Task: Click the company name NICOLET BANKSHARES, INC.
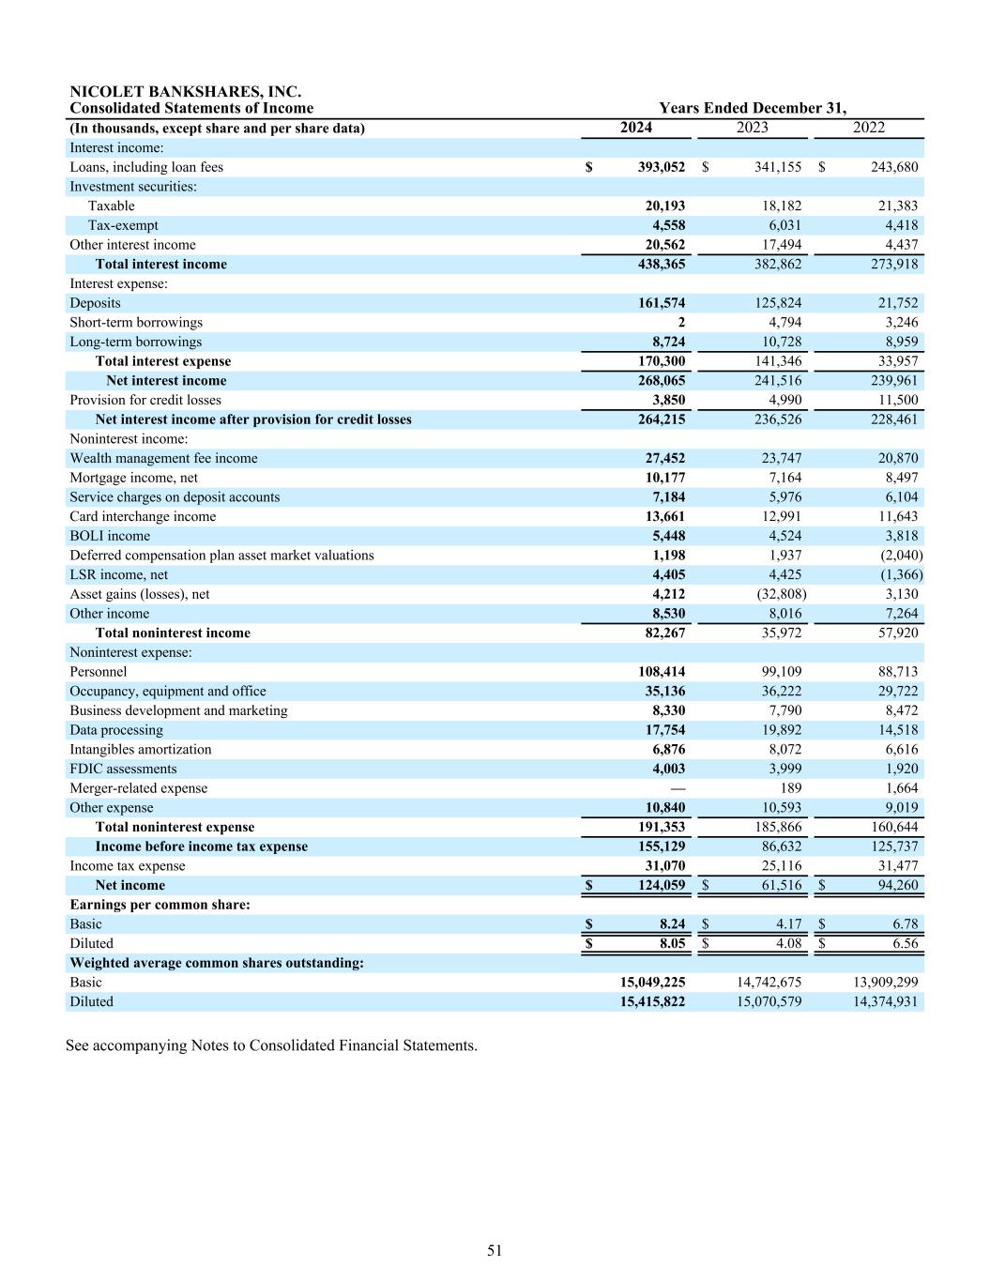click(185, 92)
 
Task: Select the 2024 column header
click(635, 128)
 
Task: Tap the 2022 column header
click(868, 128)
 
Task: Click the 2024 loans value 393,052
click(662, 167)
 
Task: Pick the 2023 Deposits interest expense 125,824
click(778, 303)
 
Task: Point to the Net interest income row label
click(166, 381)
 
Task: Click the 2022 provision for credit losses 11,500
click(895, 400)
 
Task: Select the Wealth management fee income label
click(163, 459)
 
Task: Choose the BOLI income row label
click(110, 536)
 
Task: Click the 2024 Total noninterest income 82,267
click(662, 633)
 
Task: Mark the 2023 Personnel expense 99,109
click(778, 672)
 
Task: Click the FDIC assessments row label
click(123, 769)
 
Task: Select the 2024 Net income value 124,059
click(662, 886)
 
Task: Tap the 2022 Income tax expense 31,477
click(895, 866)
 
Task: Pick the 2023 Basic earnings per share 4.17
click(785, 924)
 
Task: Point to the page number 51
click(495, 1250)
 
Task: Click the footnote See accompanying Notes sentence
click(271, 1045)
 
